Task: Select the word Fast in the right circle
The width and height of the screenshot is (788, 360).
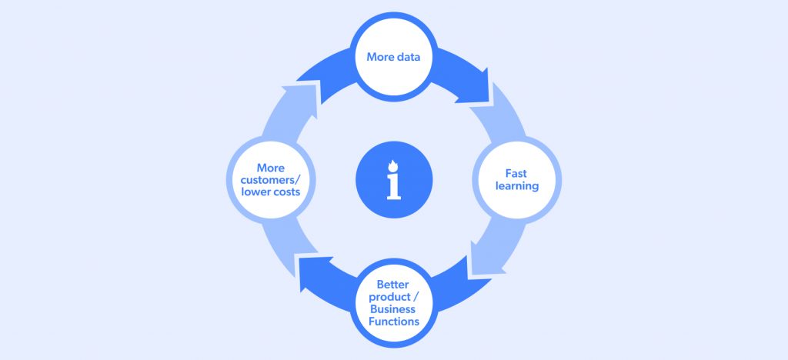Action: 516,173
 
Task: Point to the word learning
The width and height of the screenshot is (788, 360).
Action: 516,186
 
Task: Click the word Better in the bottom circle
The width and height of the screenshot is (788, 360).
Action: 394,285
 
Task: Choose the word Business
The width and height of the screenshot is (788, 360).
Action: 394,309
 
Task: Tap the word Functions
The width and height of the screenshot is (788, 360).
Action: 394,322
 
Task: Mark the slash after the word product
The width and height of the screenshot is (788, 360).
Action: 416,297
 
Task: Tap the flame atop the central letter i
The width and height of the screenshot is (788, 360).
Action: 394,164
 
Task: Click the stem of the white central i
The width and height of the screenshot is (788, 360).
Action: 394,187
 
